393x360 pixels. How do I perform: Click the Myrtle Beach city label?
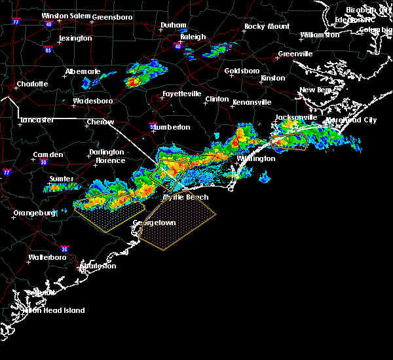[x=185, y=197]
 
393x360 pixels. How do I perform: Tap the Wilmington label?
[x=255, y=159]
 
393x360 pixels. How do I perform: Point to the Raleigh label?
[x=193, y=37]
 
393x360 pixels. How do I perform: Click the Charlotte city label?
[x=32, y=84]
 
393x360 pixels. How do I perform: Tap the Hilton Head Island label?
[x=55, y=310]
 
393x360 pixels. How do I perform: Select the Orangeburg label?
[x=34, y=213]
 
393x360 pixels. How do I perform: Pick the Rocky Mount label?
[x=267, y=27]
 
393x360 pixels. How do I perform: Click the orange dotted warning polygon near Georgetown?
[x=178, y=223]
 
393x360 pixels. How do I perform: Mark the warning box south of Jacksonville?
[x=289, y=141]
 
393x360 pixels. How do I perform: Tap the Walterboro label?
[x=49, y=258]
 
